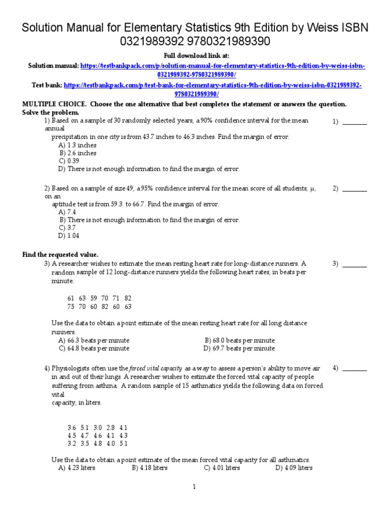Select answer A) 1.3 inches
click(x=77, y=145)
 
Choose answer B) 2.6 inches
click(x=78, y=153)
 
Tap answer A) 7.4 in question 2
click(x=67, y=212)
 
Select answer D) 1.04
click(x=69, y=236)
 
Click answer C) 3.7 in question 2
click(x=67, y=228)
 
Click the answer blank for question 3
click(x=354, y=264)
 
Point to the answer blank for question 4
click(x=354, y=368)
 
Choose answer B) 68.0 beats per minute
click(x=239, y=340)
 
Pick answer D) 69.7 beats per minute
click(x=239, y=349)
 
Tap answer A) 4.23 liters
click(x=77, y=468)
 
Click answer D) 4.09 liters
click(x=294, y=468)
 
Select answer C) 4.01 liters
click(x=222, y=468)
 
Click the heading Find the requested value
click(x=60, y=254)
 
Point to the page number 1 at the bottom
click(x=194, y=487)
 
